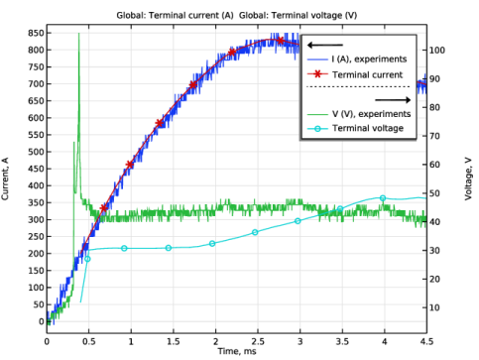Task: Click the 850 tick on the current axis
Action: [x=36, y=33]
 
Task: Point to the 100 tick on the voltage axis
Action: [x=437, y=51]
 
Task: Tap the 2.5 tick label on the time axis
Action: [x=258, y=341]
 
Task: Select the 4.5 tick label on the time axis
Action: [x=426, y=341]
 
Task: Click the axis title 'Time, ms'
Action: [x=237, y=351]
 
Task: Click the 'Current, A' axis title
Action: [x=5, y=179]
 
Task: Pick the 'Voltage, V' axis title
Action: [x=468, y=179]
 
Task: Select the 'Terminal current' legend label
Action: [x=367, y=74]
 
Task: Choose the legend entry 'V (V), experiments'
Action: [x=371, y=114]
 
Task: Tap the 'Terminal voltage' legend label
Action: [x=368, y=128]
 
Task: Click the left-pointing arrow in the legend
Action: [x=325, y=45]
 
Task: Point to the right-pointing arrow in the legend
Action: [x=393, y=100]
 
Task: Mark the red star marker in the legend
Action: [x=317, y=74]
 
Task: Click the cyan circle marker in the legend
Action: [x=317, y=129]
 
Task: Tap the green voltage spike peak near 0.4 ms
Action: [x=78, y=34]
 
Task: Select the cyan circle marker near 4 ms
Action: [x=383, y=198]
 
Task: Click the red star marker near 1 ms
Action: [x=130, y=165]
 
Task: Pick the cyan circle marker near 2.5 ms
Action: [x=255, y=232]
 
